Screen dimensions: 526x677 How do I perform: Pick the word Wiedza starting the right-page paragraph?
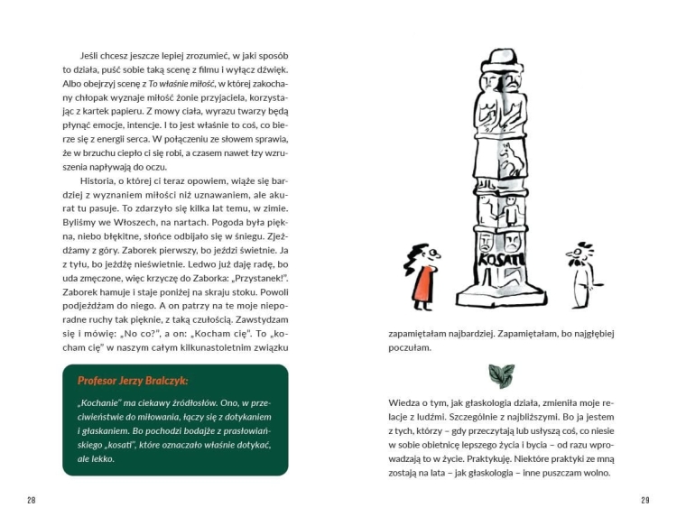tap(405, 401)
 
